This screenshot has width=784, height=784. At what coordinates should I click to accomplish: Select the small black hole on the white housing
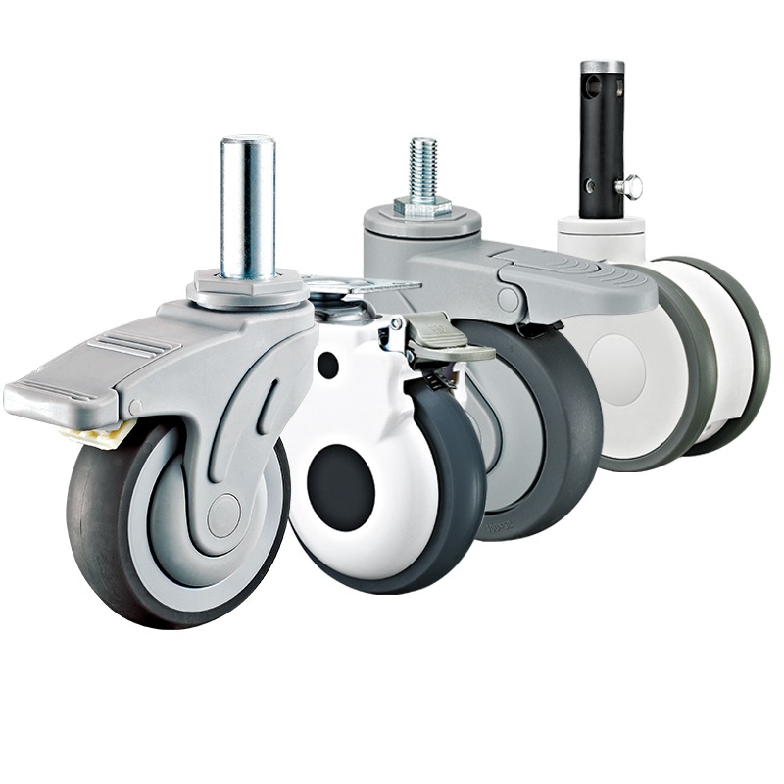[327, 365]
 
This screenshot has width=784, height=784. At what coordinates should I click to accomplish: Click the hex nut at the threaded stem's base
[422, 207]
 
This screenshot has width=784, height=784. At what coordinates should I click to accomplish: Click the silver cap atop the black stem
[602, 68]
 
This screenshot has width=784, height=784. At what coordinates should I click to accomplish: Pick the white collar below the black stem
[602, 236]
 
